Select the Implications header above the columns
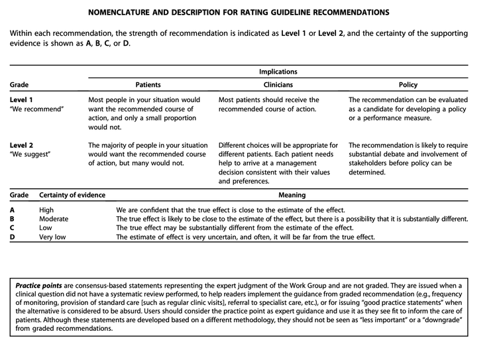tap(278, 72)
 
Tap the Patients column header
tap(148, 85)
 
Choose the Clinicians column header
tap(278, 85)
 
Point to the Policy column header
tap(408, 85)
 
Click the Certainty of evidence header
tap(72, 196)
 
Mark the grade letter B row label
tap(12, 219)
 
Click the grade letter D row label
tap(12, 237)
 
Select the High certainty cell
tap(47, 210)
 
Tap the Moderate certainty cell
tap(54, 219)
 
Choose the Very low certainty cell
tap(53, 237)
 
